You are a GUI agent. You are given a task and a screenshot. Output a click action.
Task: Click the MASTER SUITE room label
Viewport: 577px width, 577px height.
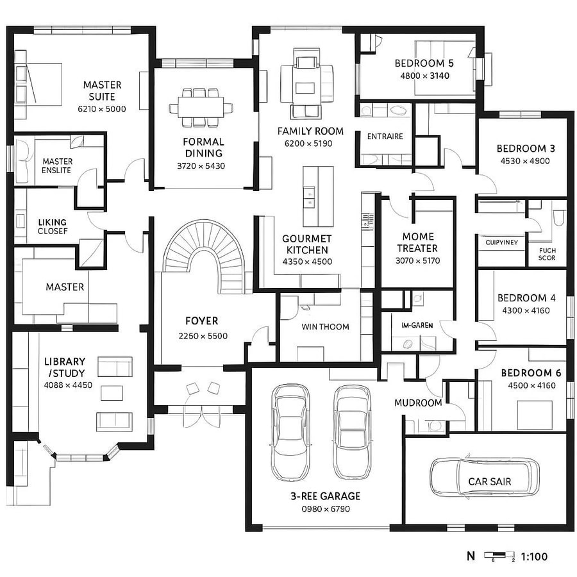tap(102, 90)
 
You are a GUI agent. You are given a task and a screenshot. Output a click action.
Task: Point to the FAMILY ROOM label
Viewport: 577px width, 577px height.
tap(310, 131)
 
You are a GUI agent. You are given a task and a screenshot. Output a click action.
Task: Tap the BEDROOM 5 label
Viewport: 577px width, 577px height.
tap(424, 63)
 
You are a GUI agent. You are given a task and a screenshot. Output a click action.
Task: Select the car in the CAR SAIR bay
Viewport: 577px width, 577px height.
tap(484, 478)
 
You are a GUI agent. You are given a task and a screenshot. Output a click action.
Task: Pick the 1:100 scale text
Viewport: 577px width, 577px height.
tap(535, 556)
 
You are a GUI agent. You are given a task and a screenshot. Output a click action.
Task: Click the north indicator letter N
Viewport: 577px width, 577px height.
tap(471, 556)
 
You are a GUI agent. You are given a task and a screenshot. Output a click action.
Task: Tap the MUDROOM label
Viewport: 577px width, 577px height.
tap(418, 403)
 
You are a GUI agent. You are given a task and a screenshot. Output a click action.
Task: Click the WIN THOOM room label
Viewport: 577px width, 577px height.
tap(325, 327)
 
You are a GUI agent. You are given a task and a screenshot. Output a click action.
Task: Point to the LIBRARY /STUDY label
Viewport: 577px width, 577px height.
tap(64, 367)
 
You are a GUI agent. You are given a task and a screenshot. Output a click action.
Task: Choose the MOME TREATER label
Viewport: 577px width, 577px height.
tap(417, 242)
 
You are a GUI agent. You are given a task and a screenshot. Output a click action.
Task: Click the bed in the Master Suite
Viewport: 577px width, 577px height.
tap(40, 83)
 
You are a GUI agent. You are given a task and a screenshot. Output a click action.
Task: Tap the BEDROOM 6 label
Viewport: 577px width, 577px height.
tap(526, 373)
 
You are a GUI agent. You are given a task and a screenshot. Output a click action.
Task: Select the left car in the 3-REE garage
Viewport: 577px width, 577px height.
tap(292, 433)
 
